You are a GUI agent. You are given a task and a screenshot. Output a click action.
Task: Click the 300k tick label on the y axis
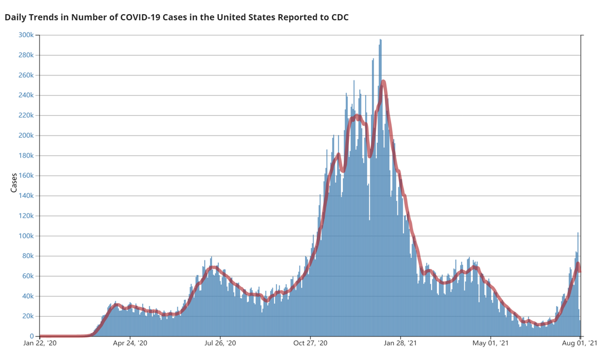click(x=25, y=35)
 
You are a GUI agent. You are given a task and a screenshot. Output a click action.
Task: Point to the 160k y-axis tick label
click(x=25, y=175)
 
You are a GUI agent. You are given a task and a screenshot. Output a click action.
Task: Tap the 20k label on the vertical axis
click(x=28, y=316)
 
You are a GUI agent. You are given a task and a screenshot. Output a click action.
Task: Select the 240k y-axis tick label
click(x=25, y=95)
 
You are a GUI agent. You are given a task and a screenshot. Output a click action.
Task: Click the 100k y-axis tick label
click(x=25, y=236)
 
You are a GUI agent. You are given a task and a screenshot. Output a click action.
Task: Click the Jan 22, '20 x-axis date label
click(x=40, y=343)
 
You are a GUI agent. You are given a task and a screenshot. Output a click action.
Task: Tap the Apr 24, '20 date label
click(x=130, y=343)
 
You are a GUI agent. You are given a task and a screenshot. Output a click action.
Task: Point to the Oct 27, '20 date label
click(x=311, y=343)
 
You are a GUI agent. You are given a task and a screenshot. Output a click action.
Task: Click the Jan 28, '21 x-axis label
click(x=401, y=343)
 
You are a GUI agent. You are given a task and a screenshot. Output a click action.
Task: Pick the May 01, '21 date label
click(x=490, y=343)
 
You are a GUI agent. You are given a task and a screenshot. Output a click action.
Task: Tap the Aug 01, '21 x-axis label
click(x=580, y=343)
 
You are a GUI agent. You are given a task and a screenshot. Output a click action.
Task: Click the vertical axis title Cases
click(x=14, y=182)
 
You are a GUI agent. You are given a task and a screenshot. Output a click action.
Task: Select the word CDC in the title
click(x=339, y=17)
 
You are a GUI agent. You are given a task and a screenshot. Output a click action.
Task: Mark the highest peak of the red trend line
click(x=383, y=82)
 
